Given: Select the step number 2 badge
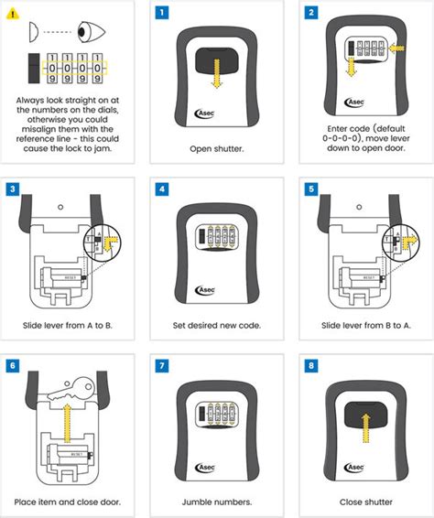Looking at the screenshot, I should (308, 14).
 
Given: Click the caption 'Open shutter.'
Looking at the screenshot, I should (217, 146).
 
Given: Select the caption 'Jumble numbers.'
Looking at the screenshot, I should (217, 501).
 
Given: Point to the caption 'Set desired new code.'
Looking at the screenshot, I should (217, 325).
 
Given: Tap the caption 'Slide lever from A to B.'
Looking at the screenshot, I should (71, 325).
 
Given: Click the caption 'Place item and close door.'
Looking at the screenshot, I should (71, 501).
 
